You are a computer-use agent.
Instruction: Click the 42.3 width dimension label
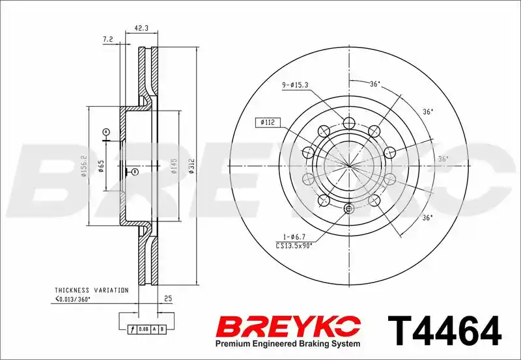coord(141,28)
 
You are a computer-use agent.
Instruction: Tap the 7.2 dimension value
coord(108,39)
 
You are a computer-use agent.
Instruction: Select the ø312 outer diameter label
coord(191,167)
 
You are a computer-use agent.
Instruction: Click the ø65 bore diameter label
coord(102,166)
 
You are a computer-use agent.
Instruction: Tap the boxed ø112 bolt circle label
coord(268,122)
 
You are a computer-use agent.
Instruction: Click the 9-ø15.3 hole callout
coord(296,85)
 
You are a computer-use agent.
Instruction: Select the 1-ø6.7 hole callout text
coord(295,237)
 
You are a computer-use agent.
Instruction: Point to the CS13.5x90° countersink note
coord(295,245)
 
